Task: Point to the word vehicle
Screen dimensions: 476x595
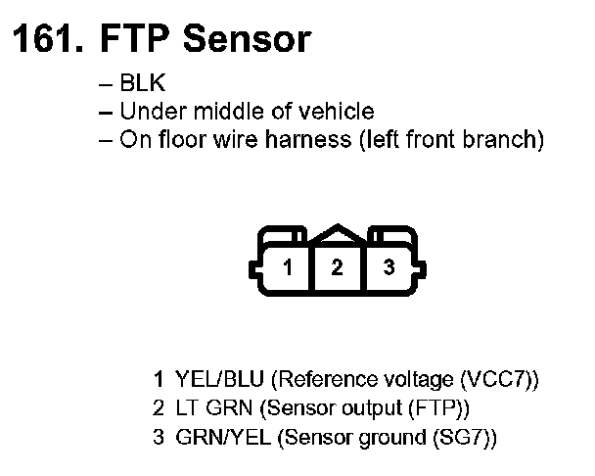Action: pos(339,112)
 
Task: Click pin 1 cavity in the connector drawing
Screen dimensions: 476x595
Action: pos(288,267)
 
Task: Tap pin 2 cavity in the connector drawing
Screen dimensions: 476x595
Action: pos(338,267)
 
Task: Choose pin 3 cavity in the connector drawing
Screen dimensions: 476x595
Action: pos(389,267)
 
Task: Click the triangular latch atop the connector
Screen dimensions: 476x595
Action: pos(338,235)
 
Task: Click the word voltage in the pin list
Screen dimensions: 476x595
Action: pos(412,378)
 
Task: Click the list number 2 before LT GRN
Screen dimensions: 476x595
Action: pos(158,406)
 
